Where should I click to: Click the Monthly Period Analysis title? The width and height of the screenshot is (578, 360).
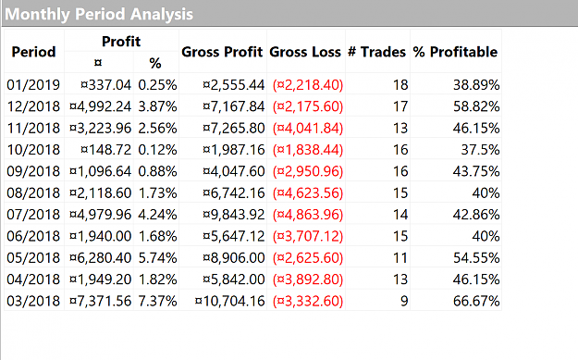click(99, 15)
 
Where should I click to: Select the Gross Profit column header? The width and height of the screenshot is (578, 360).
click(222, 52)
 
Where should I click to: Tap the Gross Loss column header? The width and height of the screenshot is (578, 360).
click(305, 52)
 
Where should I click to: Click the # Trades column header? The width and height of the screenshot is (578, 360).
click(376, 52)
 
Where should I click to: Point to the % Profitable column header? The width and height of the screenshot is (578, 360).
click(455, 52)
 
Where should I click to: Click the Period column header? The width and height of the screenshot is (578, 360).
click(33, 52)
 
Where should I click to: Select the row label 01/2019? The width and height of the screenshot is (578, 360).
click(33, 85)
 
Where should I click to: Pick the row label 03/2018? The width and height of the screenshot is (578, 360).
click(33, 302)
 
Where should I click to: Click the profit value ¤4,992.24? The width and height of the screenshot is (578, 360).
click(100, 106)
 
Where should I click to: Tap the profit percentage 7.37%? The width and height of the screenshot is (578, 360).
click(157, 302)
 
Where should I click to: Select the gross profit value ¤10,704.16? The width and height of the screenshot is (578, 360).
click(229, 302)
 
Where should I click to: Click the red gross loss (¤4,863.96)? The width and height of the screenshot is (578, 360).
click(308, 215)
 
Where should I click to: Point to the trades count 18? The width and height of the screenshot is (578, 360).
click(400, 85)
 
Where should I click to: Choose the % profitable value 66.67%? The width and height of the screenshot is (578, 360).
click(476, 302)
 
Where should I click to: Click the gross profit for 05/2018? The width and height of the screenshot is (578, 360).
click(234, 258)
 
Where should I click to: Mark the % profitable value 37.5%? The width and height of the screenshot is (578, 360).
click(480, 150)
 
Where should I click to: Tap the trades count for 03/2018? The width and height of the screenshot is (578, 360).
click(404, 302)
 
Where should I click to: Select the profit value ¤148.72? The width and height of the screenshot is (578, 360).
click(105, 150)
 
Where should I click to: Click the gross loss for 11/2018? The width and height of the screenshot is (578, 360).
click(308, 129)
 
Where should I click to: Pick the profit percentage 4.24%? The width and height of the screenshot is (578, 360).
click(157, 215)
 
